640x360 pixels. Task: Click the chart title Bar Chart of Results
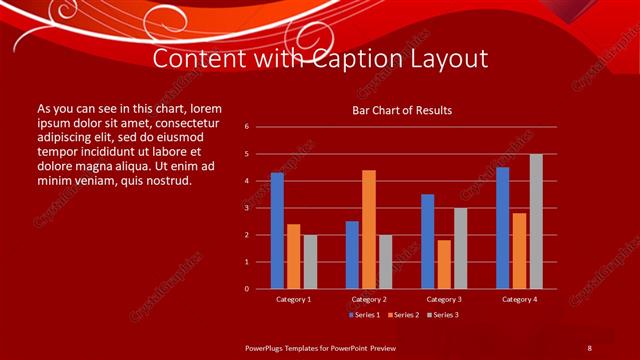(401, 109)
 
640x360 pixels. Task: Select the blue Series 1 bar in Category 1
(277, 231)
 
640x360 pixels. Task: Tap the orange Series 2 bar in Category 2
(369, 229)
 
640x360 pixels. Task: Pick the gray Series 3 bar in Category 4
(536, 221)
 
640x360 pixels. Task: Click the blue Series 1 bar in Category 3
(427, 241)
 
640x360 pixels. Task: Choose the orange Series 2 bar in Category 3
(444, 264)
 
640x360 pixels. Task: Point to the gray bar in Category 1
(310, 262)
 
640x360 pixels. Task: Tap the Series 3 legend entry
(445, 315)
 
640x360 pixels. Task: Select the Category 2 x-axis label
(369, 299)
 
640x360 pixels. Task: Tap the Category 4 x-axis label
(519, 299)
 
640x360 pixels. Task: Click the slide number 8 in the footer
(589, 347)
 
